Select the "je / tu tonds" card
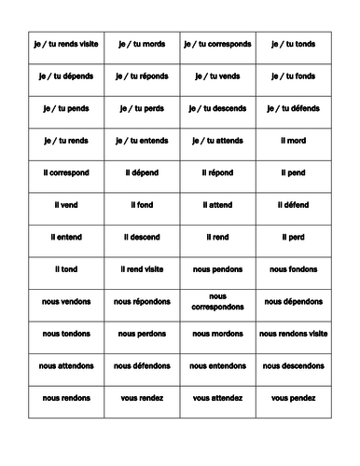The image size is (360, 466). click(x=293, y=43)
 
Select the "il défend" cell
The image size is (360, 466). click(x=293, y=205)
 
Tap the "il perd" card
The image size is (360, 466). click(x=293, y=237)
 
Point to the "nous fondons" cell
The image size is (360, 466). click(x=293, y=269)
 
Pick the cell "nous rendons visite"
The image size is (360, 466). click(x=293, y=334)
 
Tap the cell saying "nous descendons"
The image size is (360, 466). click(x=293, y=366)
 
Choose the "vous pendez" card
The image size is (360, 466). click(x=293, y=398)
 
